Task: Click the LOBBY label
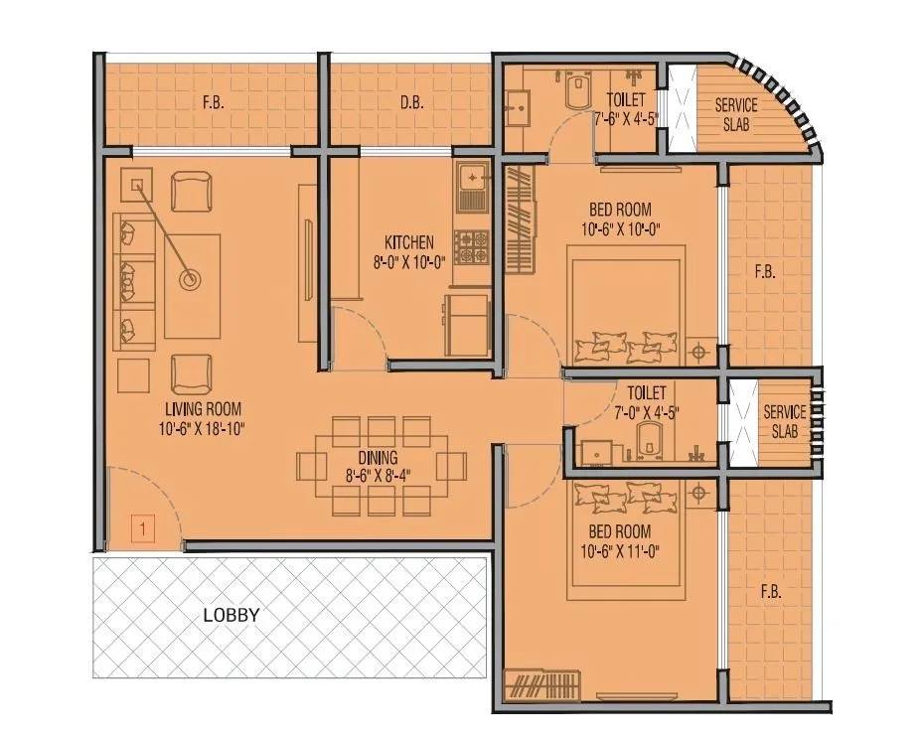pos(230,615)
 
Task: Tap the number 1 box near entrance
pos(143,529)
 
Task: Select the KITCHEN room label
pos(409,242)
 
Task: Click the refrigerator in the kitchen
pos(467,325)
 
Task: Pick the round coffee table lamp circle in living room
pos(188,280)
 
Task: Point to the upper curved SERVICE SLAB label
pos(736,115)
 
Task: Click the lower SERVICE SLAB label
pos(784,422)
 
